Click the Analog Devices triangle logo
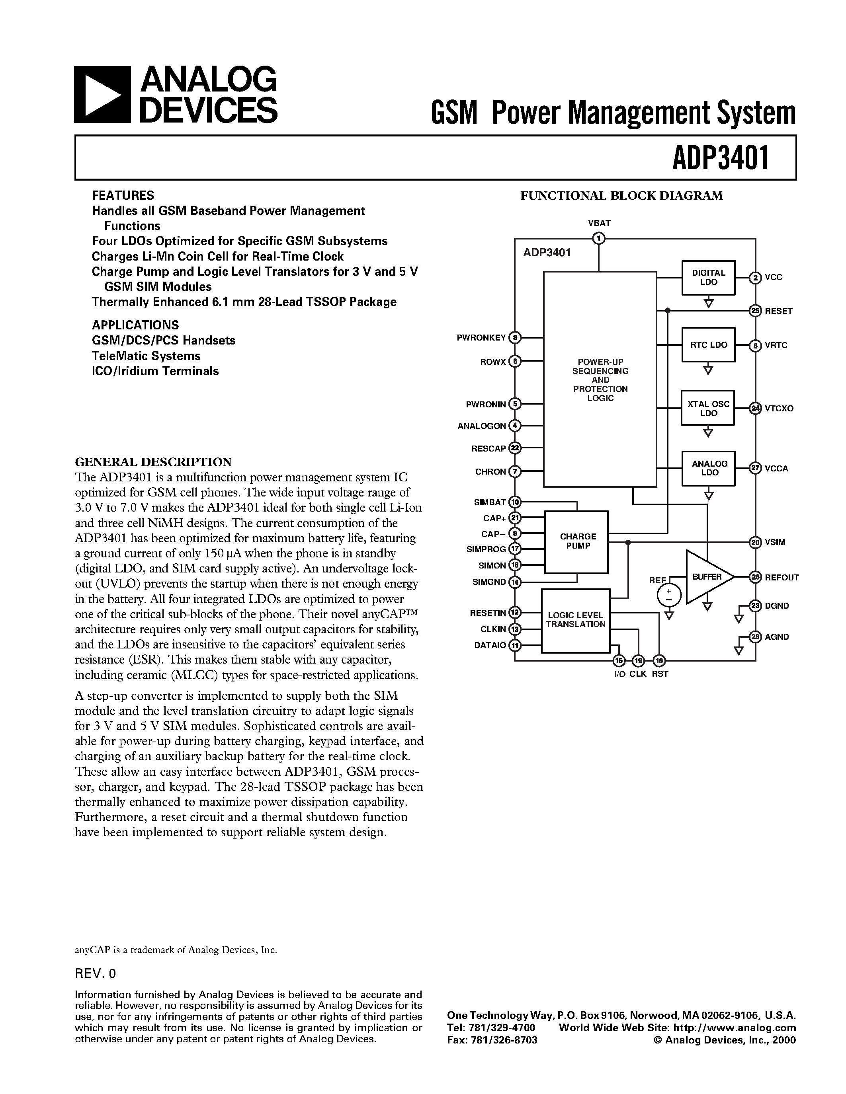tap(102, 95)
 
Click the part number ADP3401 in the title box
tap(720, 157)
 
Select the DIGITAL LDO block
tap(708, 278)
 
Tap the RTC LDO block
tap(708, 345)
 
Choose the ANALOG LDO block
tap(708, 468)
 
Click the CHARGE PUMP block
tap(576, 541)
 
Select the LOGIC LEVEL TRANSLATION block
tap(575, 620)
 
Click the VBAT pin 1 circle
tap(598, 238)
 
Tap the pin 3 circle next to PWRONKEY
tap(515, 338)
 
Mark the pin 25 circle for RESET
tap(755, 311)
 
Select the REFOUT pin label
tap(782, 578)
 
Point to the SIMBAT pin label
tap(490, 502)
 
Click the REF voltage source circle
tap(668, 595)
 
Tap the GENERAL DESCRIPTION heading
tap(153, 461)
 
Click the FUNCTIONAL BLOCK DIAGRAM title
tap(621, 196)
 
